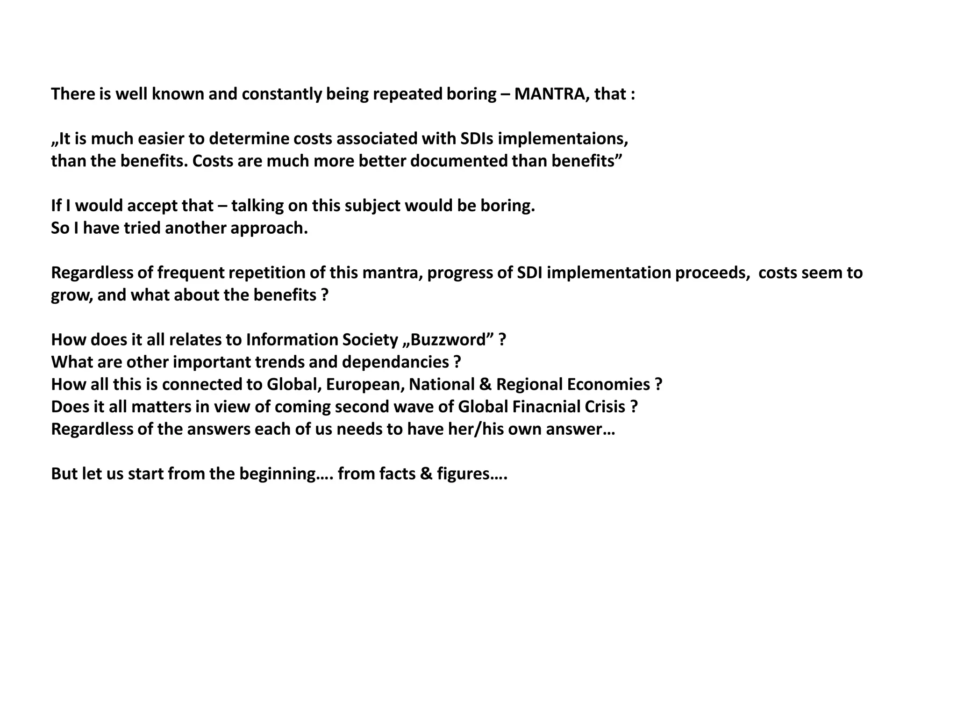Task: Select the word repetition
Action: click(269, 273)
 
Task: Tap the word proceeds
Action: click(712, 273)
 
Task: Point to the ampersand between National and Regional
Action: click(486, 385)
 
